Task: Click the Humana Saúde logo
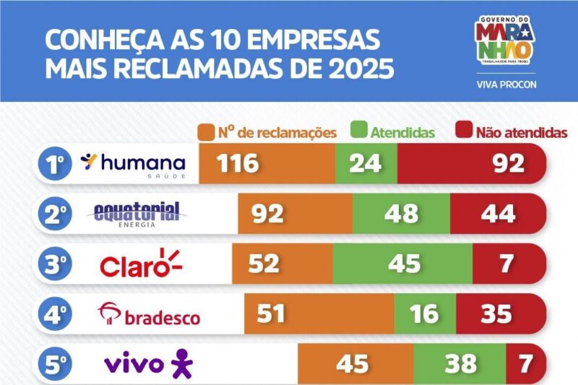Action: coord(133,164)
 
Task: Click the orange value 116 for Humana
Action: coord(236,164)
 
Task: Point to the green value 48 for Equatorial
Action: coord(401,214)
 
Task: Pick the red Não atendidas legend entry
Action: coord(512,132)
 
